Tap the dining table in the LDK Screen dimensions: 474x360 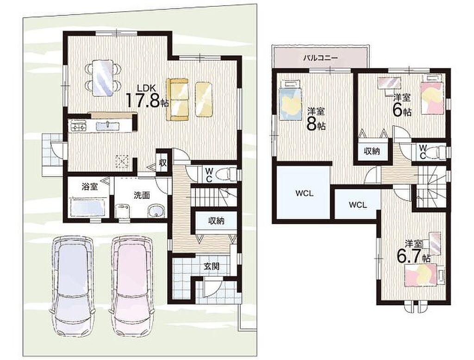tap(103, 78)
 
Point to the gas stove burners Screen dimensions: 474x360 tap(78, 126)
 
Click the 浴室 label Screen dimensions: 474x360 tap(90, 187)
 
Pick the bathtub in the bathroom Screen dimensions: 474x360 tap(87, 208)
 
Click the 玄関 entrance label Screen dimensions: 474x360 tap(211, 266)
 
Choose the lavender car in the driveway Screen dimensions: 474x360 tap(73, 285)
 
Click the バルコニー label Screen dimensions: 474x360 tap(320, 57)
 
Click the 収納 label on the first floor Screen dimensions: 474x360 tap(216, 221)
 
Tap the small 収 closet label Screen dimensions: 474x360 tap(163, 163)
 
